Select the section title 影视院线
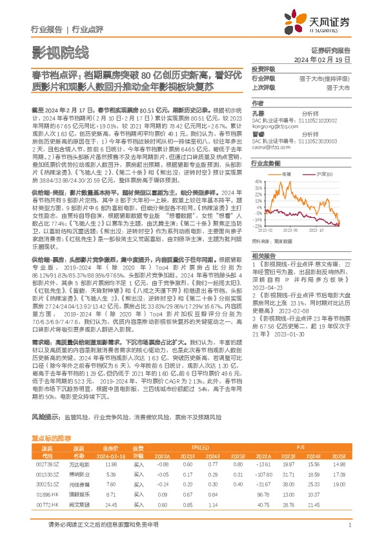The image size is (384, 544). (x=60, y=52)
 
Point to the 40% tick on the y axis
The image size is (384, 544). (x=258, y=182)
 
